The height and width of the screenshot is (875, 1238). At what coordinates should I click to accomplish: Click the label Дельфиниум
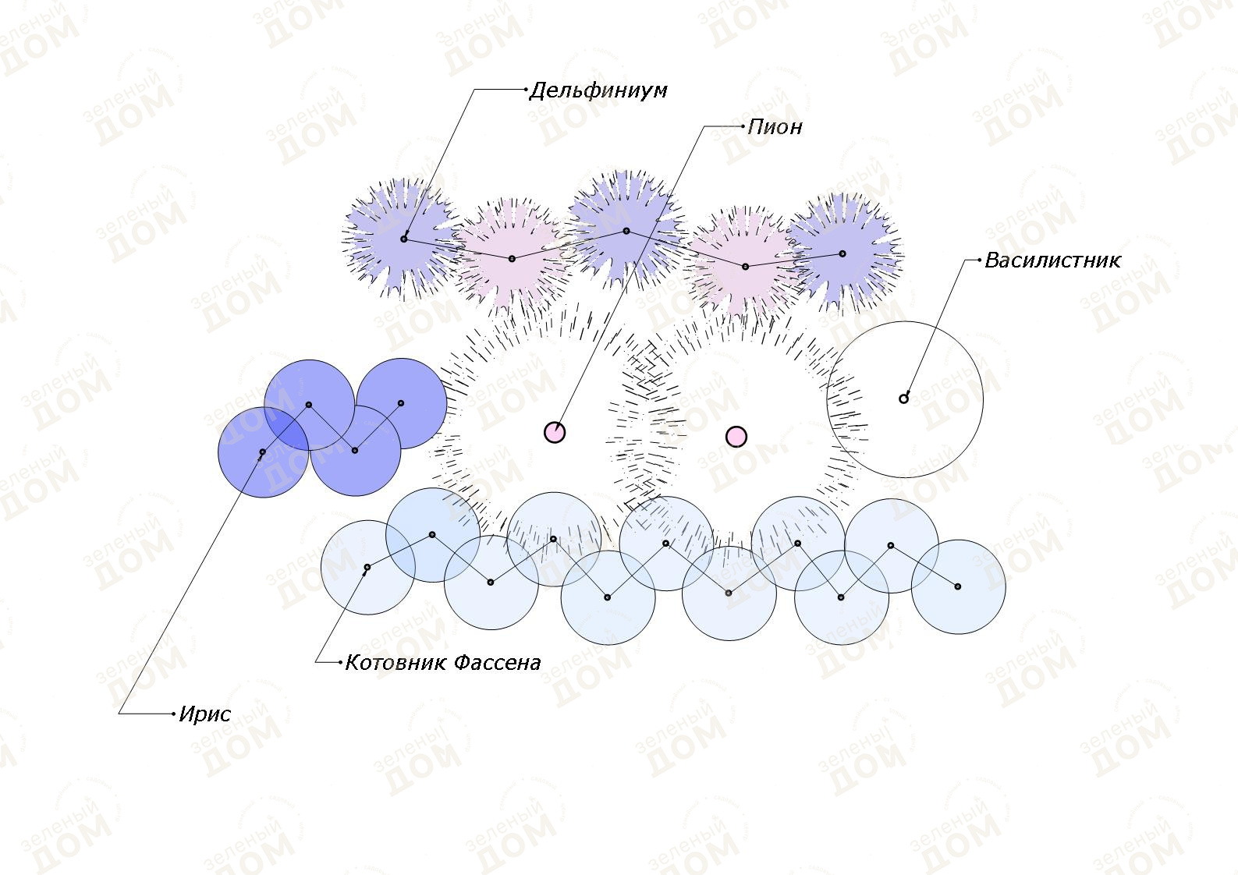click(x=598, y=91)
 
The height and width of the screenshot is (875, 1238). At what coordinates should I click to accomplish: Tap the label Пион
click(x=775, y=128)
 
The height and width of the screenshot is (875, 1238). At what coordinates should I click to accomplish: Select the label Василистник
click(x=1053, y=260)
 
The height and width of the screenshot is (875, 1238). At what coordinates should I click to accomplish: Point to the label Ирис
click(x=205, y=715)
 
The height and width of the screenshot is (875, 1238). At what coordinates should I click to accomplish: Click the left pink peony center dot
click(x=555, y=432)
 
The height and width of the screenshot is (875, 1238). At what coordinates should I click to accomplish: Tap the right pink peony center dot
click(x=736, y=437)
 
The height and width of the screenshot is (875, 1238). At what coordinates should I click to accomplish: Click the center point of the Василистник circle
click(x=903, y=399)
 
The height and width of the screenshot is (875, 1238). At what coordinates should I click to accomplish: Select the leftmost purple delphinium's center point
click(x=403, y=239)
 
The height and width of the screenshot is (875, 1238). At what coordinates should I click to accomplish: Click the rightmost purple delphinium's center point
click(x=842, y=253)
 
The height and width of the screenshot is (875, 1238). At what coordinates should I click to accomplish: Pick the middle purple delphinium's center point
click(x=626, y=231)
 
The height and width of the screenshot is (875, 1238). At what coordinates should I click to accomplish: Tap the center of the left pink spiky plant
click(x=512, y=259)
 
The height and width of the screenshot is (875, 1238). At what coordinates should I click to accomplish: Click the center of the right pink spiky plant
click(x=745, y=267)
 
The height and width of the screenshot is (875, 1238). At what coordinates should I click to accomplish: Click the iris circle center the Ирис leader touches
click(x=263, y=452)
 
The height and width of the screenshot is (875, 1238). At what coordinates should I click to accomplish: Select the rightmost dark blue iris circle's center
click(x=401, y=403)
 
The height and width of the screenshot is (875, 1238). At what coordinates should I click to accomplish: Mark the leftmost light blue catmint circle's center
click(x=367, y=567)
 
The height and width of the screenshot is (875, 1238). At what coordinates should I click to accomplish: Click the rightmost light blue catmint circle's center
click(x=958, y=586)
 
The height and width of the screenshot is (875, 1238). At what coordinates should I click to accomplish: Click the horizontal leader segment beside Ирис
click(x=147, y=714)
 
